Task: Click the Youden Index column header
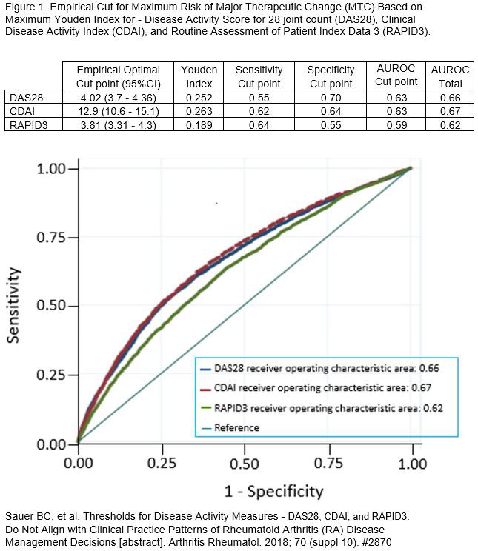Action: [199, 76]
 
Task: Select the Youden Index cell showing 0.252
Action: [199, 97]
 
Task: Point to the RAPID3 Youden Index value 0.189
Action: [199, 124]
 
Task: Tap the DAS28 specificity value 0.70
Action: [331, 97]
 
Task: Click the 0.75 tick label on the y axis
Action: [52, 237]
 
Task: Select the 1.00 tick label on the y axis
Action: [52, 168]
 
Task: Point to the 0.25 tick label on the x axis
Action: [161, 464]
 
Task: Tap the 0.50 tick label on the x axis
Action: [245, 464]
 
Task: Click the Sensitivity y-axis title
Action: [13, 305]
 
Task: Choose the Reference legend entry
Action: [236, 427]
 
